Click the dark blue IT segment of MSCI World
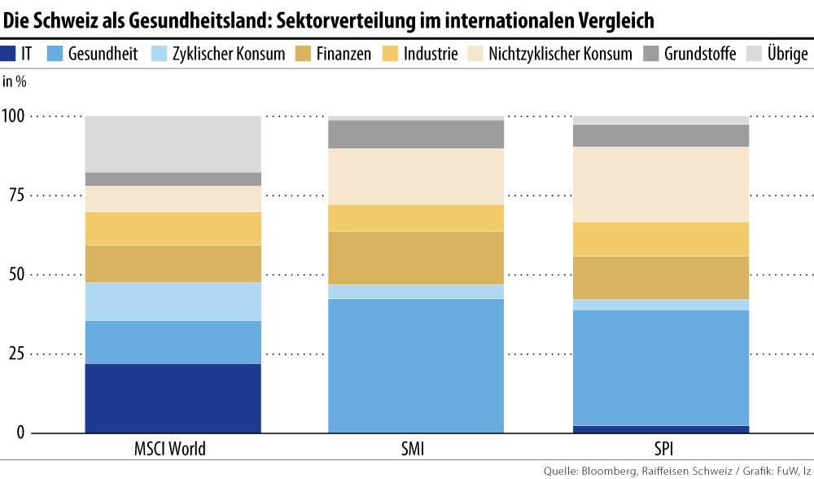(173, 398)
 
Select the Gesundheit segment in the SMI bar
(416, 365)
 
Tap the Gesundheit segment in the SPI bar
(660, 367)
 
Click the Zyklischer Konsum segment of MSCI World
(173, 301)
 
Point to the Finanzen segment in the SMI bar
(416, 257)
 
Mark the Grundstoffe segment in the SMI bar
(416, 134)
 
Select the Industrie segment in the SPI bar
(660, 239)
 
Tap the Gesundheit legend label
(103, 55)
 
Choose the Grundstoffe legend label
(700, 55)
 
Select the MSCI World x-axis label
(169, 449)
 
